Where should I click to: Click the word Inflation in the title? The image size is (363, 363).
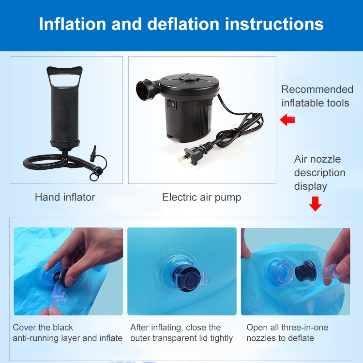click(72, 24)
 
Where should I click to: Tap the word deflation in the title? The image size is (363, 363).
click(183, 24)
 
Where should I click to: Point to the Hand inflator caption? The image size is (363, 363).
click(65, 197)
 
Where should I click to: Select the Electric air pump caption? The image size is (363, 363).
click(202, 197)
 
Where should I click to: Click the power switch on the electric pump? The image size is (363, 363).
click(172, 105)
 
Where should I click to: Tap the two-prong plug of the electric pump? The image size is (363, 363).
click(189, 155)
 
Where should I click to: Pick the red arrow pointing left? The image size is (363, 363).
click(287, 120)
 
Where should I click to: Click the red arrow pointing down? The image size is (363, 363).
click(315, 204)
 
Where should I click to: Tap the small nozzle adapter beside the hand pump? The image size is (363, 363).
click(93, 153)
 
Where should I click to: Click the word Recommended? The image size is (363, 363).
click(317, 90)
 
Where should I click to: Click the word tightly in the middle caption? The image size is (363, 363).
click(221, 338)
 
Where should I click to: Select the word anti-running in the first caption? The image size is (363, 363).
click(36, 338)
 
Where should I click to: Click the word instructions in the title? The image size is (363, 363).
click(274, 24)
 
